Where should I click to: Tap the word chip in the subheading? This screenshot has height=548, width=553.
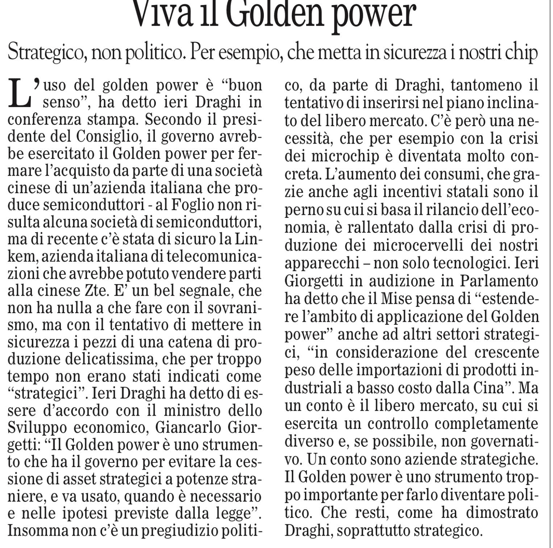pyautogui.click(x=520, y=53)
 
